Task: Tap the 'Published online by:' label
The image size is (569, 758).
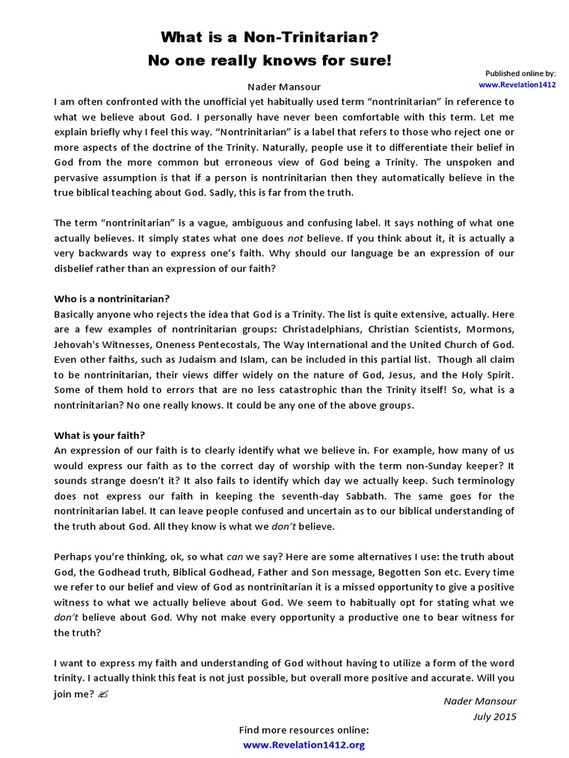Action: pos(520,73)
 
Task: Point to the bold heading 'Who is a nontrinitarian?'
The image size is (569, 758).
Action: pos(112,299)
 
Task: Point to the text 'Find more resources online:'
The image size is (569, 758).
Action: pos(304,730)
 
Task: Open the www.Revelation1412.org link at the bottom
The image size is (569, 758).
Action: pos(304,745)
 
